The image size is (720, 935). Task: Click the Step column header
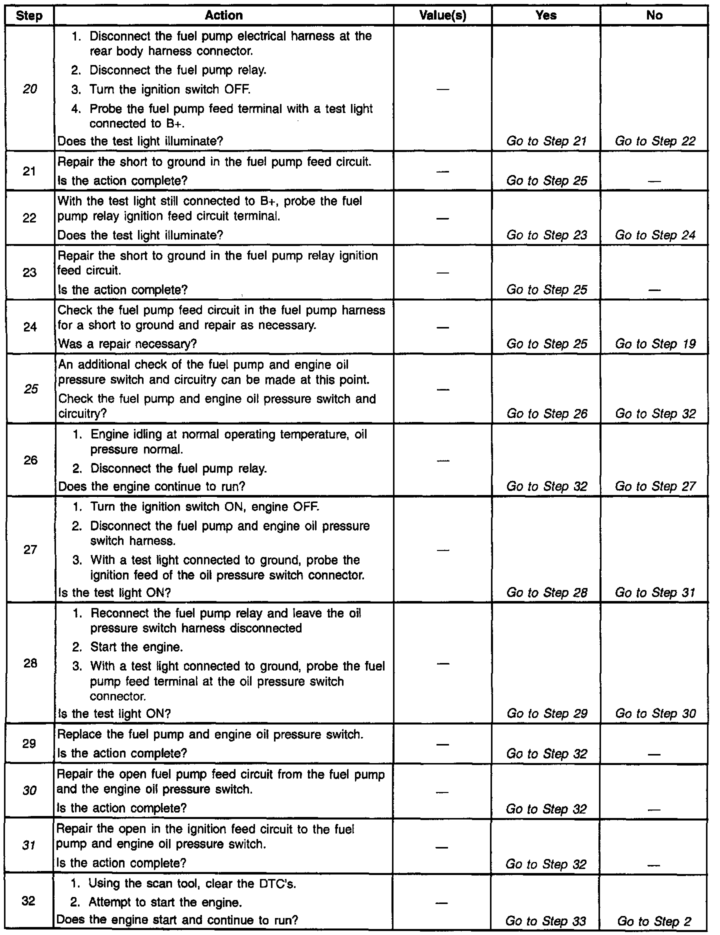click(29, 15)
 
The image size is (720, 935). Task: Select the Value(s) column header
click(442, 15)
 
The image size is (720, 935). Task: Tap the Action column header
click(223, 15)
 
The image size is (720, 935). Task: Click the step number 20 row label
click(30, 89)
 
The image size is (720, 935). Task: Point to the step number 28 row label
click(30, 663)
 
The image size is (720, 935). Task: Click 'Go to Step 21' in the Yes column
click(546, 141)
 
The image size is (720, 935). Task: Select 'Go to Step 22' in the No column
click(655, 141)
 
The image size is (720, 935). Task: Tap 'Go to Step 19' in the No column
click(655, 344)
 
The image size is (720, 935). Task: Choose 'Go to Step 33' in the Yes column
click(546, 920)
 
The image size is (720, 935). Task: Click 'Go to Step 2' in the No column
click(655, 920)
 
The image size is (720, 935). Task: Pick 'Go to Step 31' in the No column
click(655, 592)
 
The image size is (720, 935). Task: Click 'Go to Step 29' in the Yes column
click(546, 713)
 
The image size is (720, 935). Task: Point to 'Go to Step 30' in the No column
click(655, 713)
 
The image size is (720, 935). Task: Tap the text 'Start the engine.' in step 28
click(136, 647)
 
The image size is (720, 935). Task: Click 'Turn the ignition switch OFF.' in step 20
click(170, 89)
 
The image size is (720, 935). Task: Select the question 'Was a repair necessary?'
click(127, 344)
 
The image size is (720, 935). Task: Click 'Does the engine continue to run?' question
click(151, 486)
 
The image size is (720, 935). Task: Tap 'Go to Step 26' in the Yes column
click(546, 413)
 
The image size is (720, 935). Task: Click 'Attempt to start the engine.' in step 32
click(165, 902)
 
